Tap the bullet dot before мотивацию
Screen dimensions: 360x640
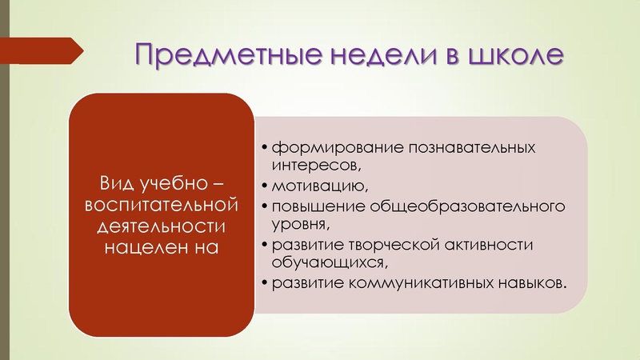tap(265, 187)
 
